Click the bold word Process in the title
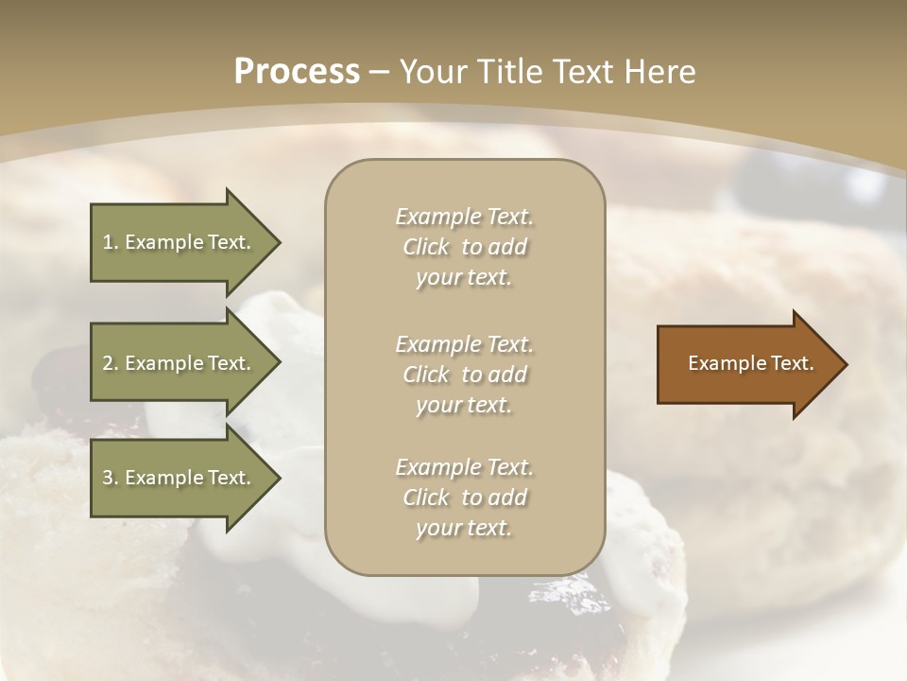tap(297, 72)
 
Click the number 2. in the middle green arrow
tap(111, 363)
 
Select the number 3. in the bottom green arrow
tap(111, 478)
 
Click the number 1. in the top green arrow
tap(111, 242)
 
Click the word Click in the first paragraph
tap(426, 248)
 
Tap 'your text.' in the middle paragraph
tap(464, 405)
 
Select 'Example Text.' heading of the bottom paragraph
tap(464, 467)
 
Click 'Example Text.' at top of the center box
tap(464, 217)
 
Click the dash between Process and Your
tap(380, 72)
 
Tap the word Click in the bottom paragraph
tap(426, 498)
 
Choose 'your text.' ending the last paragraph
tap(464, 529)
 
